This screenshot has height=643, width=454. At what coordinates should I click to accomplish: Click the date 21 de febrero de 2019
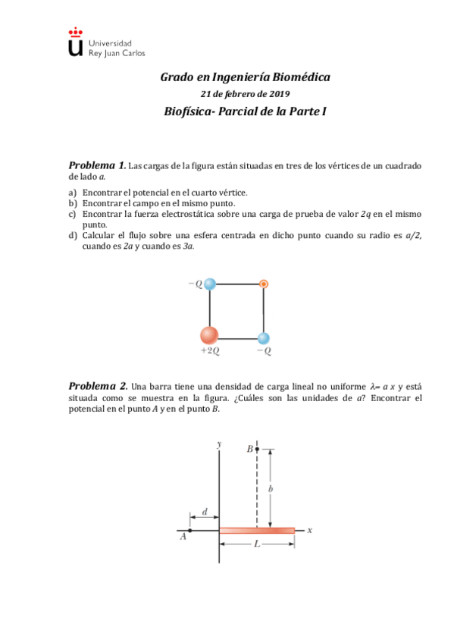[x=245, y=94]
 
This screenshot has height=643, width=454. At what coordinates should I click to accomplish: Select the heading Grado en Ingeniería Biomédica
[x=245, y=77]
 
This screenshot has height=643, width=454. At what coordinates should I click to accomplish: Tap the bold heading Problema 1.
[x=97, y=165]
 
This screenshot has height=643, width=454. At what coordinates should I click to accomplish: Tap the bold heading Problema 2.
[x=97, y=386]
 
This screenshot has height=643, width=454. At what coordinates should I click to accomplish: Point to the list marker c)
[x=73, y=215]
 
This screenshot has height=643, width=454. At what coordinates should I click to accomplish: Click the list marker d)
[x=73, y=236]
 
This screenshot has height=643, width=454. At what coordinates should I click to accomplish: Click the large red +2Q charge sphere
[x=209, y=334]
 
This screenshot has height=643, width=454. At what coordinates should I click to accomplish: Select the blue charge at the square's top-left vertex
[x=210, y=284]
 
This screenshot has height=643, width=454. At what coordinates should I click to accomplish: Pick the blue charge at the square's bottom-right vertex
[x=263, y=338]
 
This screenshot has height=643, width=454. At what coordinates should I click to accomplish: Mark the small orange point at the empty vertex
[x=263, y=284]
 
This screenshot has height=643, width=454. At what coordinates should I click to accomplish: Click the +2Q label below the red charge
[x=210, y=351]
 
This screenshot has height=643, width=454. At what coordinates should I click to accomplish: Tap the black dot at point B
[x=257, y=450]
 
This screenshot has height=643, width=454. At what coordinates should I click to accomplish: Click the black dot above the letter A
[x=189, y=530]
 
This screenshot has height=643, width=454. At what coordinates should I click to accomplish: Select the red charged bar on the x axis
[x=257, y=530]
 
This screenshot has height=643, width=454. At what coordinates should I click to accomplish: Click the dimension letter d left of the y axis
[x=205, y=512]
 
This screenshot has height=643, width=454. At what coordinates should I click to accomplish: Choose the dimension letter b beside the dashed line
[x=271, y=490]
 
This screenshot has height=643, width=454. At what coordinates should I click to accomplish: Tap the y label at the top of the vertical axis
[x=218, y=444]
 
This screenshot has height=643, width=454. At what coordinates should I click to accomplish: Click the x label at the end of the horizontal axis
[x=309, y=530]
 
